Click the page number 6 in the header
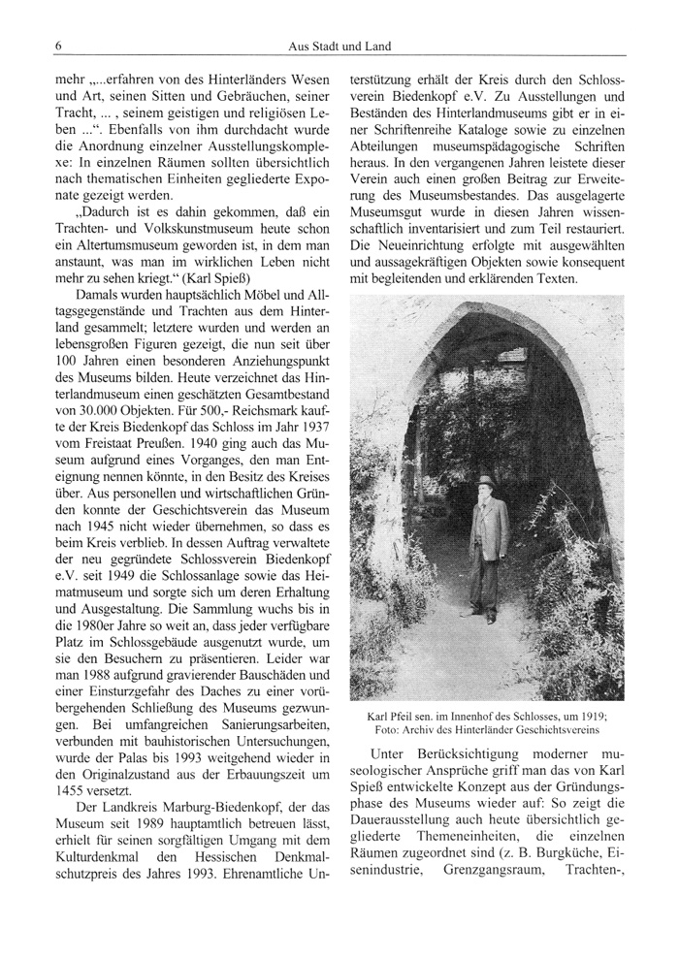coord(59,46)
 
